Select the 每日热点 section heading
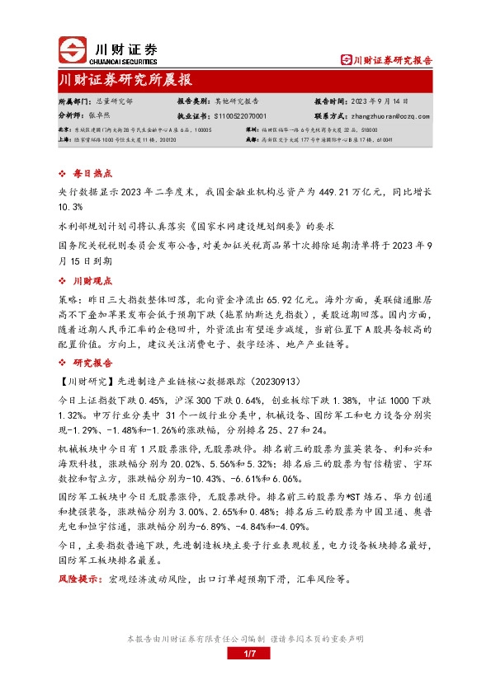pyautogui.click(x=91, y=174)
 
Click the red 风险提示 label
pyautogui.click(x=78, y=579)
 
